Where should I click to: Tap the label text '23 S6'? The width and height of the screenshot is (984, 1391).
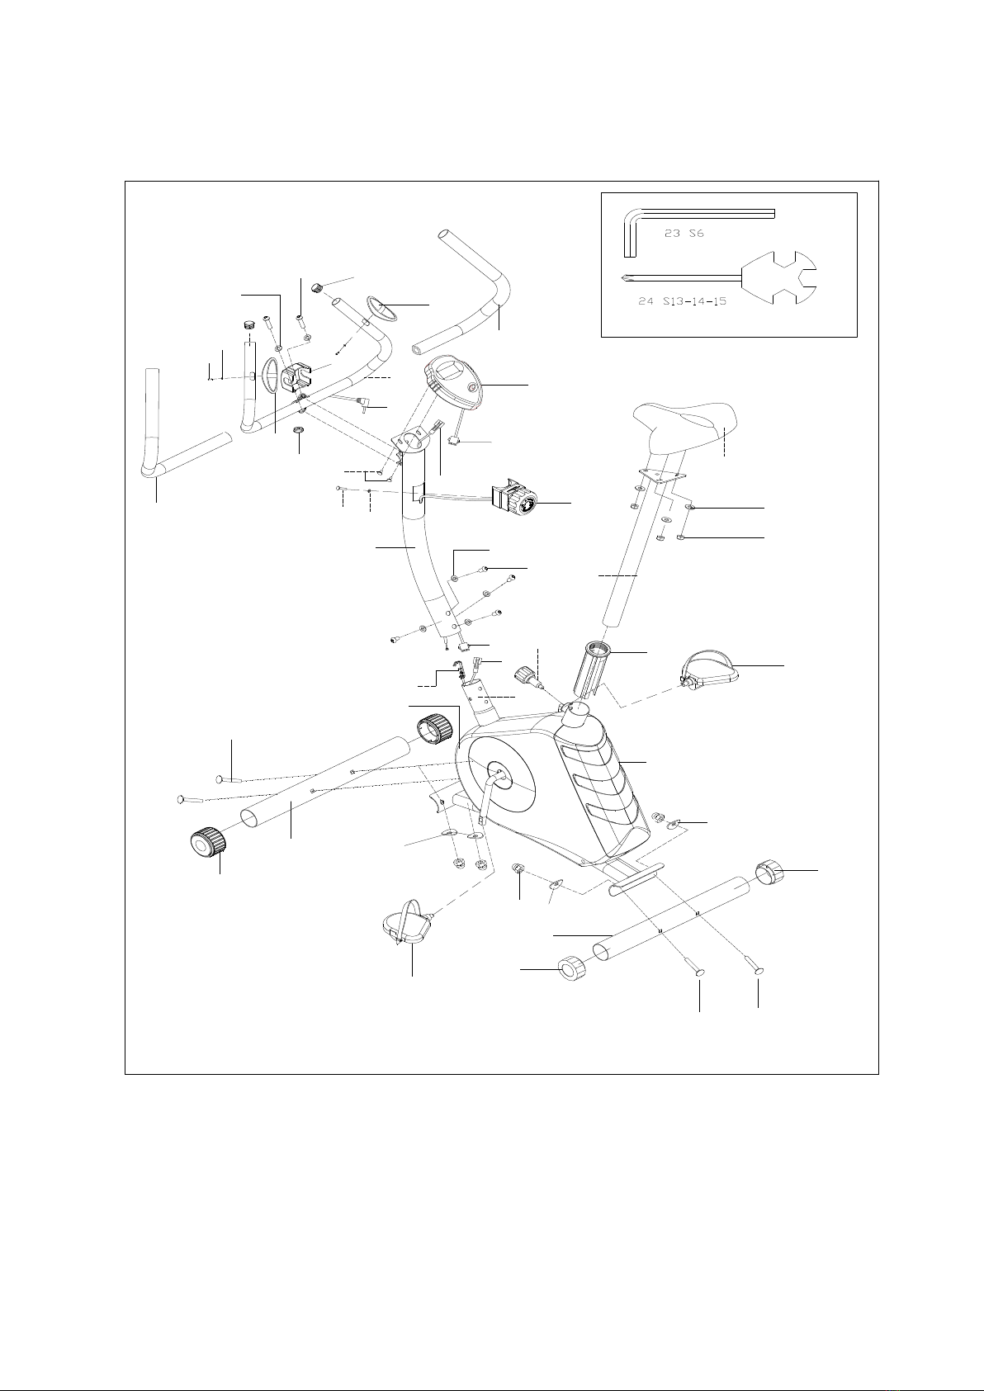(684, 234)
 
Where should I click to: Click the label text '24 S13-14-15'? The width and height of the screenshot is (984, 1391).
(683, 302)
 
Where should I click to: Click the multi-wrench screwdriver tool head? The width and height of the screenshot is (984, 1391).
(779, 277)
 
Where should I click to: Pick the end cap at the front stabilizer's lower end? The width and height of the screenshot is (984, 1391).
(206, 843)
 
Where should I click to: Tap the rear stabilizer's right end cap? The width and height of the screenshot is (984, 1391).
(769, 872)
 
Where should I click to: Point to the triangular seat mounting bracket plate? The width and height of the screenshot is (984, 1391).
(661, 475)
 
